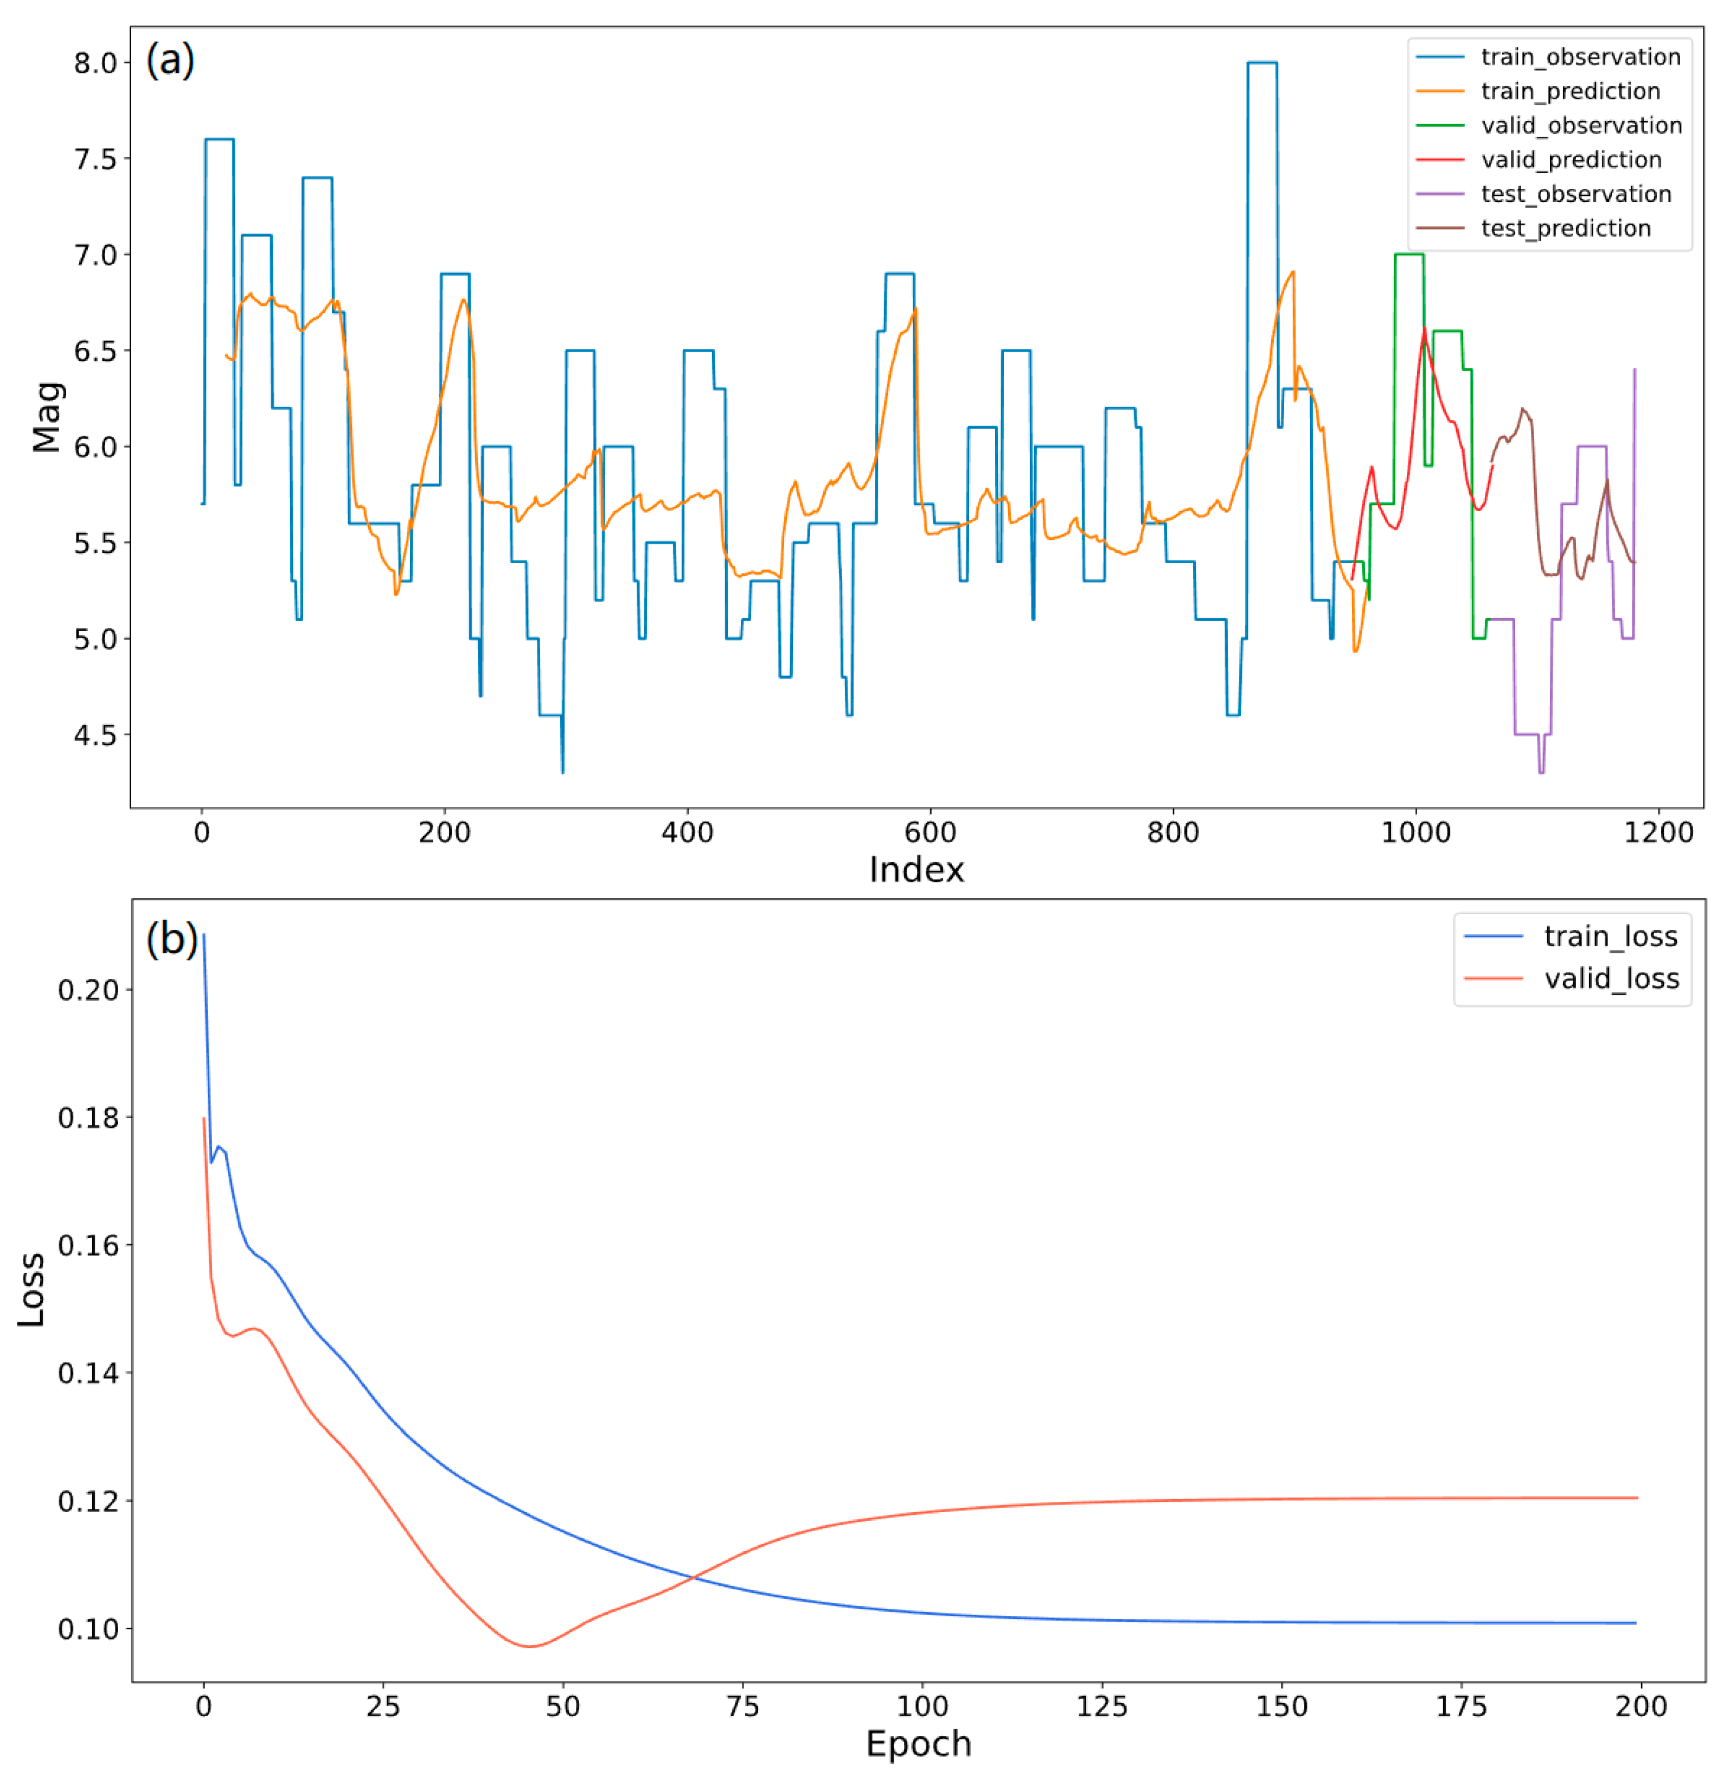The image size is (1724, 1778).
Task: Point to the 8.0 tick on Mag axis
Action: (x=95, y=63)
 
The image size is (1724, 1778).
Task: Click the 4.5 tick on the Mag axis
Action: (x=95, y=735)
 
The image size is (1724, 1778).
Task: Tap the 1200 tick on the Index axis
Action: (x=1658, y=832)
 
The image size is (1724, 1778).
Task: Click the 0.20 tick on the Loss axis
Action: (x=88, y=990)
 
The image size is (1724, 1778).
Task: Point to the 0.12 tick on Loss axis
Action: (x=88, y=1501)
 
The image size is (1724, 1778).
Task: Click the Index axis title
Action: (x=916, y=870)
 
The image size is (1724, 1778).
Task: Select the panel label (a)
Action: (x=170, y=60)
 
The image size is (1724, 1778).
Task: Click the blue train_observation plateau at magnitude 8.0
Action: (x=1261, y=62)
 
